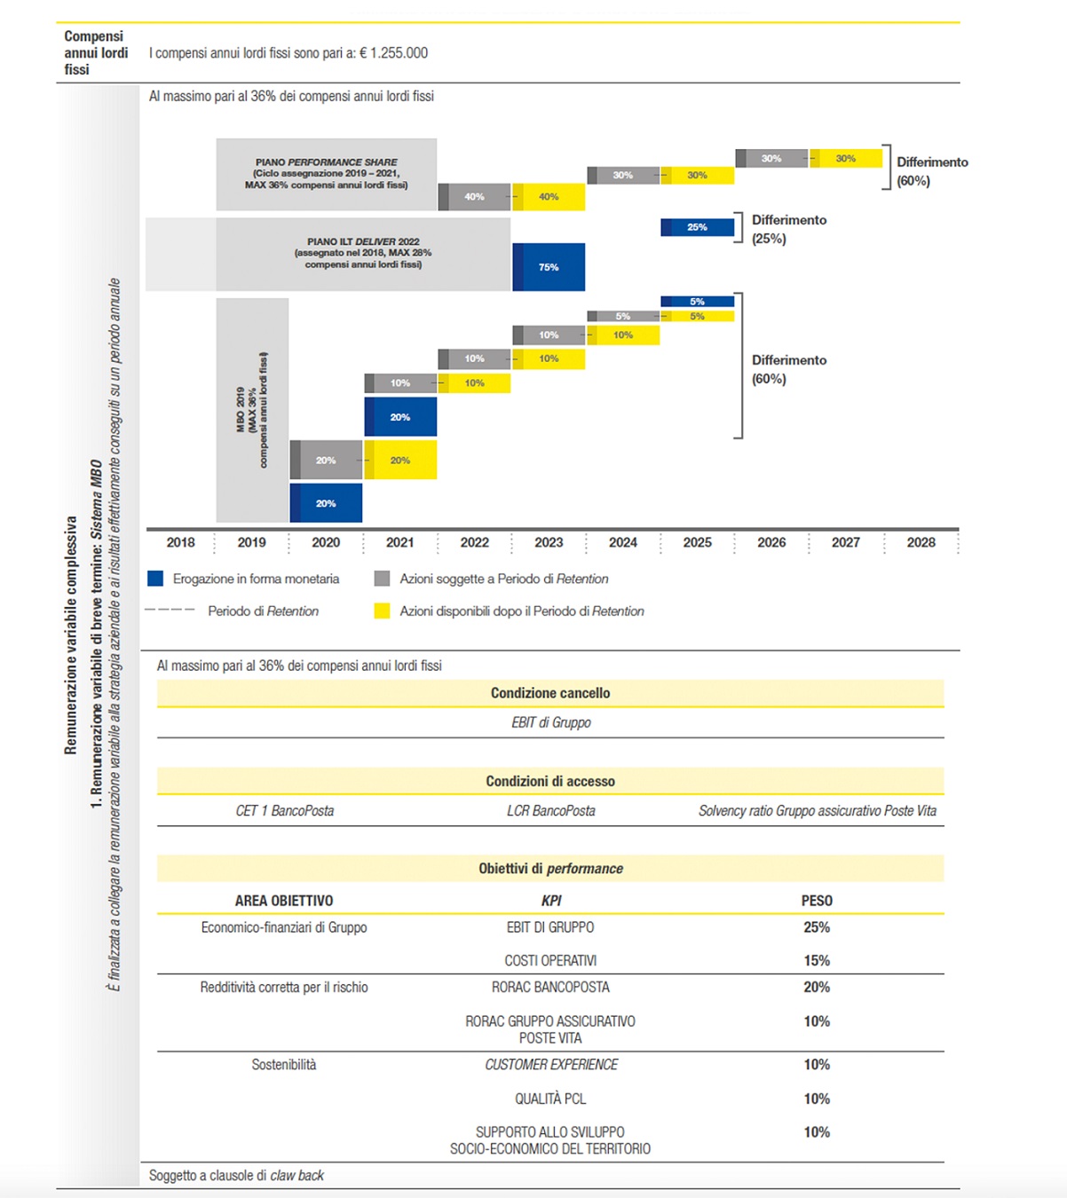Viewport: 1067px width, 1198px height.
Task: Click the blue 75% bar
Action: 549,267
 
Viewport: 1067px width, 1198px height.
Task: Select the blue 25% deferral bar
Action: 698,227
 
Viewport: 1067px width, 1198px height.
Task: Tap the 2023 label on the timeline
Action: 549,542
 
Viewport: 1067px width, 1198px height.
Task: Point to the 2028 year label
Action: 921,542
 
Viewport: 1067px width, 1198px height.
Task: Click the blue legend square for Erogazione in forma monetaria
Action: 155,579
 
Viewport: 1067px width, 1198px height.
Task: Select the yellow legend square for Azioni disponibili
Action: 382,611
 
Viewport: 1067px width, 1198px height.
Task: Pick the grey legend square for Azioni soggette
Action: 382,579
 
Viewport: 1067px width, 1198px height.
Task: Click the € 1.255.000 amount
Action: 393,52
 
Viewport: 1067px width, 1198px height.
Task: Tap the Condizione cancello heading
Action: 550,693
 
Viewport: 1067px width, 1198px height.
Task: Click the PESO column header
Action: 817,901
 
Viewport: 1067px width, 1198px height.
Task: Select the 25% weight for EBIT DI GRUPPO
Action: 817,927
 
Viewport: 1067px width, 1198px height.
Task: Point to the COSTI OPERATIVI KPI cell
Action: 550,960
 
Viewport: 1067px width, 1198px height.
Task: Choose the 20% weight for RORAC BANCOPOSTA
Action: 817,987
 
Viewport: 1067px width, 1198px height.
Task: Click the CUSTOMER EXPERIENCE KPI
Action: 550,1064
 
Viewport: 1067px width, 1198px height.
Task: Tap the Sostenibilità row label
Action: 284,1064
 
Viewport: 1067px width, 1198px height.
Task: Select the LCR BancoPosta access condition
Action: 550,810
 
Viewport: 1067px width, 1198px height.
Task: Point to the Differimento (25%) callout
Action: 789,229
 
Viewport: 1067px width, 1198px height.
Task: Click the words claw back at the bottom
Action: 296,1175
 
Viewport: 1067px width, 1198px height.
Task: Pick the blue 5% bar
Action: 698,302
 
